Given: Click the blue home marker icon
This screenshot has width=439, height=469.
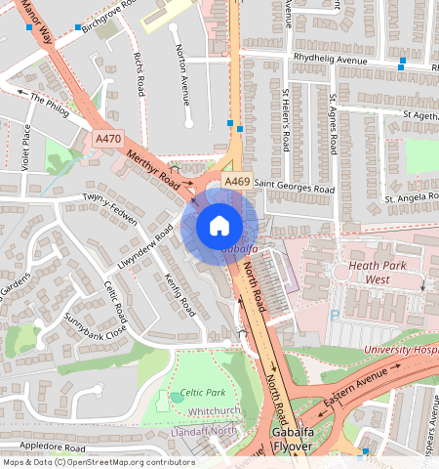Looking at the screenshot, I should pos(219,226).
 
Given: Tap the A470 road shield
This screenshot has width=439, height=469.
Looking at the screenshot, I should pos(108,141).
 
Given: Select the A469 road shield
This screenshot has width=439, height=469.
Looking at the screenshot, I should pos(236,182).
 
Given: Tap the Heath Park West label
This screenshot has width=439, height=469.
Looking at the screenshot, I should pos(364,273).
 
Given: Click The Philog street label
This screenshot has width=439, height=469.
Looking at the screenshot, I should pos(50,105).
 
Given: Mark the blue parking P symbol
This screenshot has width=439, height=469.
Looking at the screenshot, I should pos(336,316).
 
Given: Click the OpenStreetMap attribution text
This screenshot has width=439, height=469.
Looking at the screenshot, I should pos(98,462).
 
